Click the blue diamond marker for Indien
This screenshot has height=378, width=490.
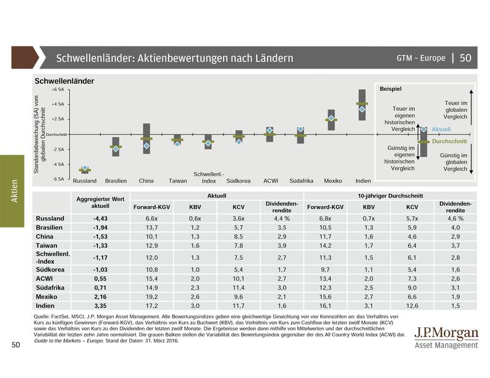tap(362, 109)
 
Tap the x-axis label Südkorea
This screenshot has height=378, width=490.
tap(238, 181)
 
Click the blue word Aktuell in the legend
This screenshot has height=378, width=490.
tap(441, 130)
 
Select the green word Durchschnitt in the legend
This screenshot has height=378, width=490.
tap(450, 141)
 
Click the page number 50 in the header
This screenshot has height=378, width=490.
tap(465, 58)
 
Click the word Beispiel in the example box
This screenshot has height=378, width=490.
tap(390, 89)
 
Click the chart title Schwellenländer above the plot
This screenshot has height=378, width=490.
tap(64, 81)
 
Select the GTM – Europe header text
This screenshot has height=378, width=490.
tap(421, 58)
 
